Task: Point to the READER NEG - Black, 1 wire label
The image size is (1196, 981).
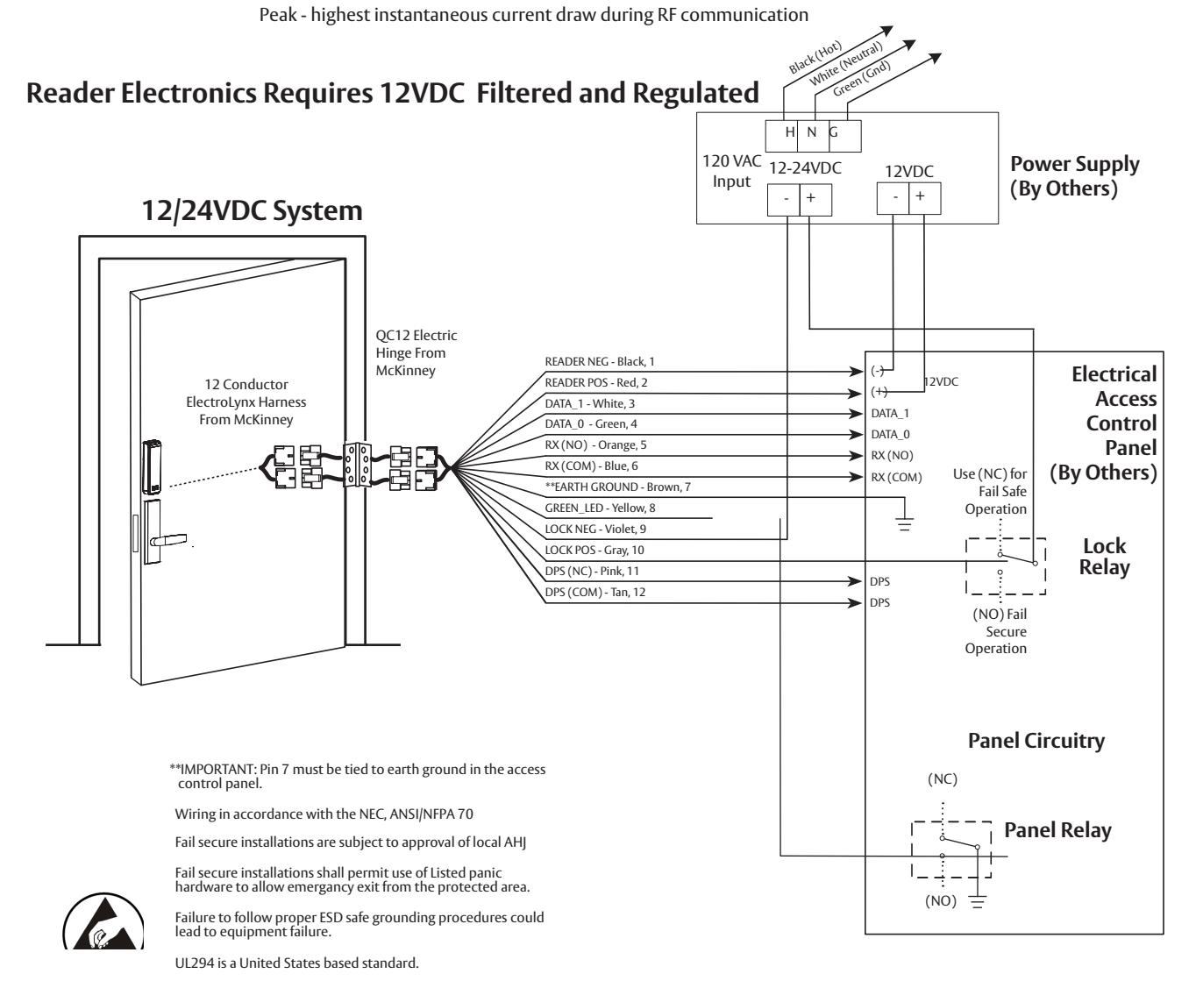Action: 600,361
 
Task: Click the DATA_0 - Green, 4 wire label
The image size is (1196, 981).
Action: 590,423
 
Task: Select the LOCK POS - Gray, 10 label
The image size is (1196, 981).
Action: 594,550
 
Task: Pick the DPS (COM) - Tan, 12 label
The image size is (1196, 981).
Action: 594,592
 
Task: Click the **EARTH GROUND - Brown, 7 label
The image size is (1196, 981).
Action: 617,487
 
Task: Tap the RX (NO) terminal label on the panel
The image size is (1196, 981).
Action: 892,455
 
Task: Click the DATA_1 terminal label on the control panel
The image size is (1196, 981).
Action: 890,414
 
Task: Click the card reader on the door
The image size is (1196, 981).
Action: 152,466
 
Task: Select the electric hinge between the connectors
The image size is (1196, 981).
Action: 357,465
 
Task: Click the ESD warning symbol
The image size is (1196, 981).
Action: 103,922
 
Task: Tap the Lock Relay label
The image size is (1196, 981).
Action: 1104,557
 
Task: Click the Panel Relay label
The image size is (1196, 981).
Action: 1057,830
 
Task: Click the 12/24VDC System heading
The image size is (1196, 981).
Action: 252,211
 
